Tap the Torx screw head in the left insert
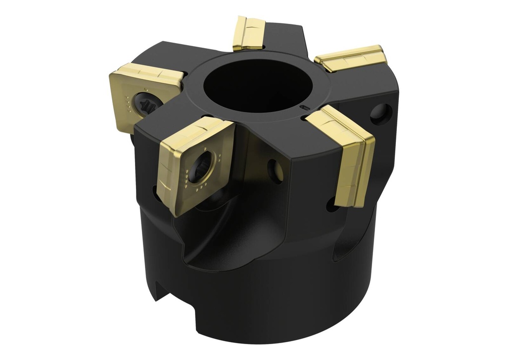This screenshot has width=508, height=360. [147, 103]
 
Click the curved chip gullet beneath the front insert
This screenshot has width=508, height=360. [208, 248]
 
